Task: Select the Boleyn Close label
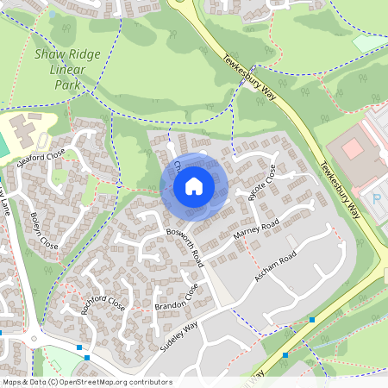point(44,230)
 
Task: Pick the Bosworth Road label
point(185,245)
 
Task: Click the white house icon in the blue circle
point(194,185)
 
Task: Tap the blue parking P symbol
point(376,199)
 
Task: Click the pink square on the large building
point(353,148)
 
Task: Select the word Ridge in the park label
point(84,53)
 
